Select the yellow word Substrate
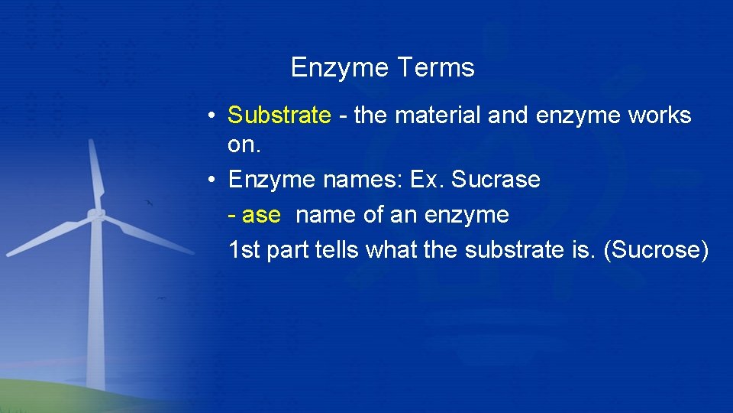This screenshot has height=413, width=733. pyautogui.click(x=279, y=115)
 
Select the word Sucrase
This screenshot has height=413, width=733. pyautogui.click(x=496, y=180)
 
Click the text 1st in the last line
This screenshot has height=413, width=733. pyautogui.click(x=244, y=250)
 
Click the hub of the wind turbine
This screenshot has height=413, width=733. pyautogui.click(x=95, y=215)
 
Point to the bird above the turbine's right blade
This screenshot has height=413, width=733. pyautogui.click(x=149, y=203)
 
